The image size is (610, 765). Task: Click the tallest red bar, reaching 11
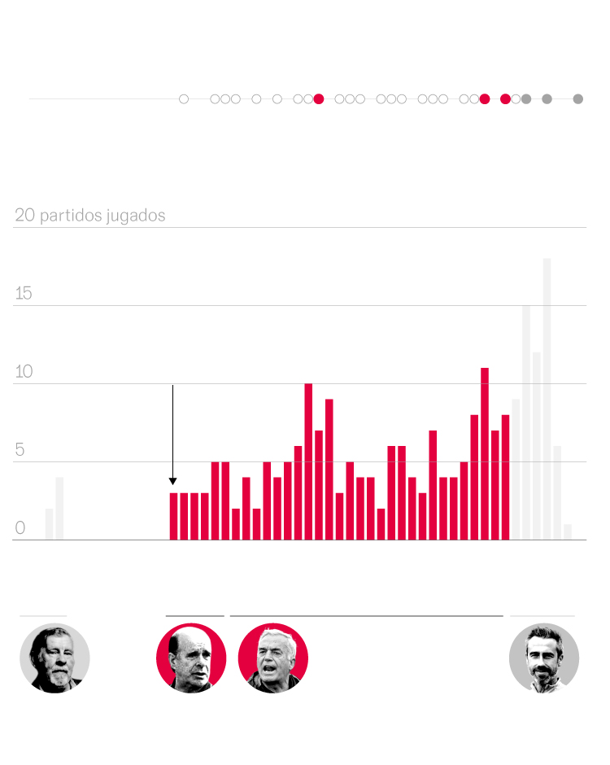coord(485,453)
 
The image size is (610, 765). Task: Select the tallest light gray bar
coord(547,399)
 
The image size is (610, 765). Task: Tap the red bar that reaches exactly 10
coord(308,461)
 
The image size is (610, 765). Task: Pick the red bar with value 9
coord(329,470)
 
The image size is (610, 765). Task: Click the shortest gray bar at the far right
coord(568,531)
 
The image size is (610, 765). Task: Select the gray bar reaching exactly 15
coord(526,422)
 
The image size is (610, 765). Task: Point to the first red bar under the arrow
coord(173,516)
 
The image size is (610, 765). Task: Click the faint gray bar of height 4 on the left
coord(59,509)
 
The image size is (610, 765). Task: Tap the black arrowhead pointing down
coord(172,481)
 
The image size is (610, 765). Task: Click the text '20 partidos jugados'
coord(90,216)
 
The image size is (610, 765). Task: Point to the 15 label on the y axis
coord(24,294)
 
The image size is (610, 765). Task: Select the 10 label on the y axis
coord(24,372)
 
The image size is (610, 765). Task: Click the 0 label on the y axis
coord(20,528)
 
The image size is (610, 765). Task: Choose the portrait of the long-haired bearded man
coord(54,658)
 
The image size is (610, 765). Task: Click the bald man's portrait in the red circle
coord(191,658)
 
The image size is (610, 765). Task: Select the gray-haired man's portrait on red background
coord(273,658)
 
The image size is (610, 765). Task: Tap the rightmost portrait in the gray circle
coord(544,658)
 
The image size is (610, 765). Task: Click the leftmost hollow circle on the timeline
coord(184,99)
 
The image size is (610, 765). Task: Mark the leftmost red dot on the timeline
coord(319,99)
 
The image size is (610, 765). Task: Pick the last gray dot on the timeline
coord(578,99)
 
